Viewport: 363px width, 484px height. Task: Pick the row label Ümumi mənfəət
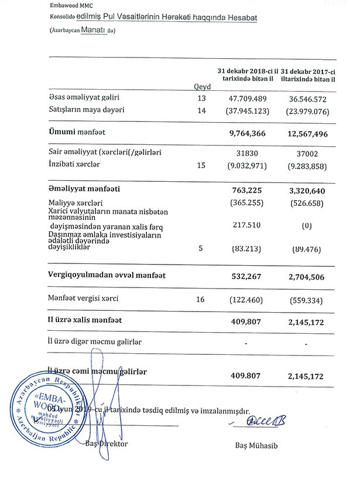pos(74,133)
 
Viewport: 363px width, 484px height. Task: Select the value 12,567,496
pos(308,134)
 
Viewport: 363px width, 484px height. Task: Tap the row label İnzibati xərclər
pos(74,164)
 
